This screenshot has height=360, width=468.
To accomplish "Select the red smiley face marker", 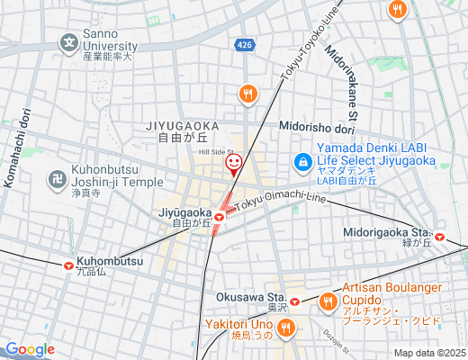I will (234, 163).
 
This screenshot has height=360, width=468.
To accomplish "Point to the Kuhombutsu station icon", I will (69, 265).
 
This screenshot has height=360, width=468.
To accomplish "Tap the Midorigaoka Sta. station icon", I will (440, 238).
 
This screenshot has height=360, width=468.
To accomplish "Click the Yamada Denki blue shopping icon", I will (303, 161).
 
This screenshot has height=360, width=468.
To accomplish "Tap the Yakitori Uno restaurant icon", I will (286, 328).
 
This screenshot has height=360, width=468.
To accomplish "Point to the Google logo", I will (30, 349).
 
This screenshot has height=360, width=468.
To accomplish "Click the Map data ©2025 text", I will (429, 353).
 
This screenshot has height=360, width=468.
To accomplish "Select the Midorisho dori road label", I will (320, 127).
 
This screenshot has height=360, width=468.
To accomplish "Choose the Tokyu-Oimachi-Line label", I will (278, 202).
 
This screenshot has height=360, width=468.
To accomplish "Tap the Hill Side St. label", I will (216, 151).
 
